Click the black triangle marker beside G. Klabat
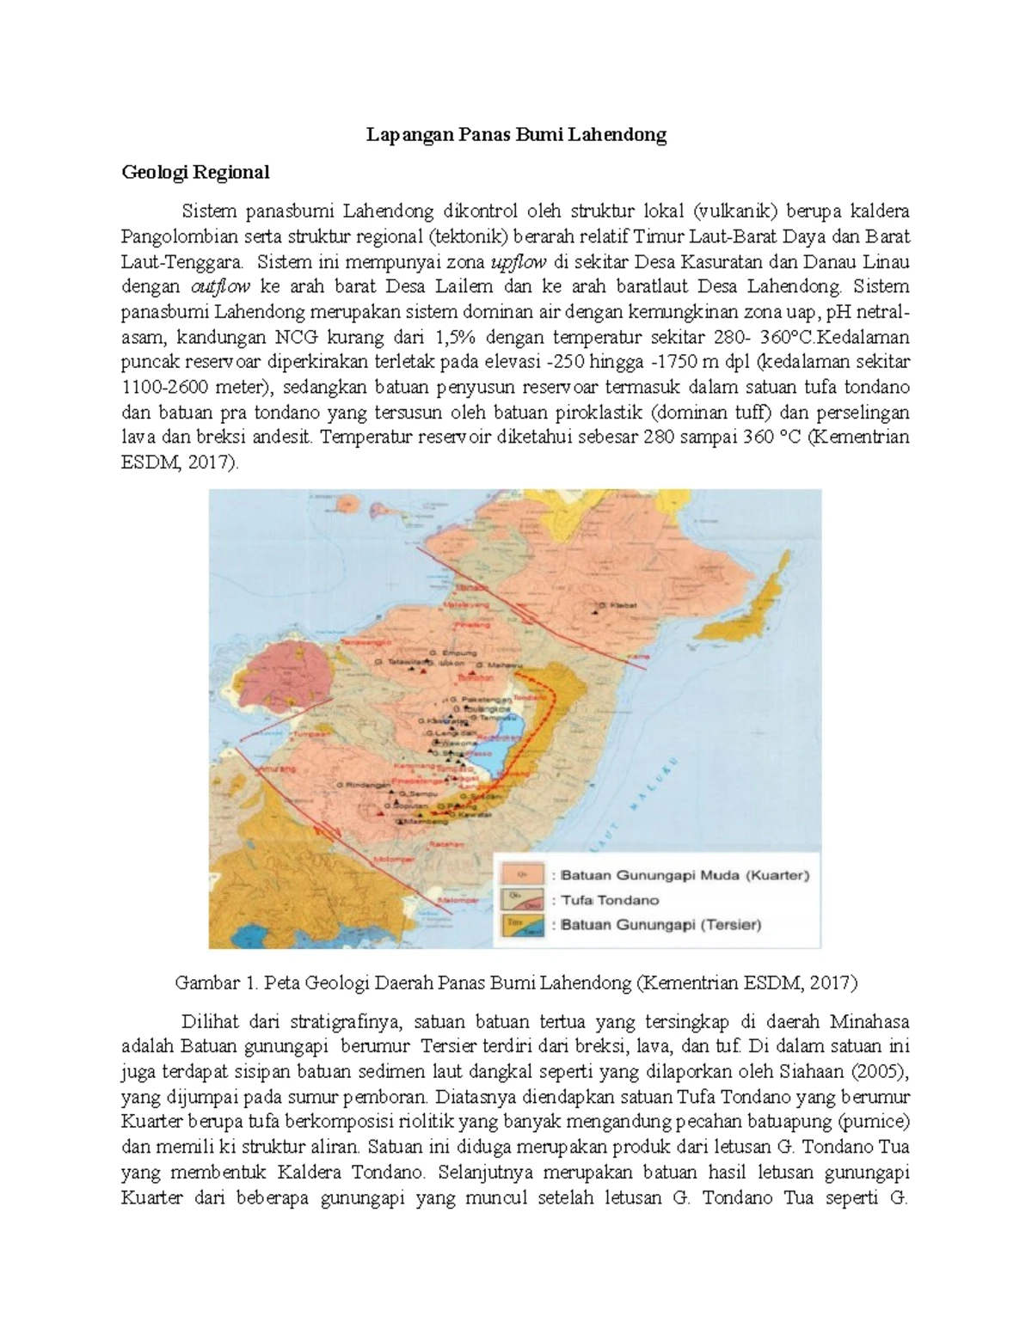(595, 613)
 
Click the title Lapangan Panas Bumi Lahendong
(516, 135)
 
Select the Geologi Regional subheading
(195, 172)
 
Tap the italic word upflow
(517, 261)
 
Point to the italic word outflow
(218, 286)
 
